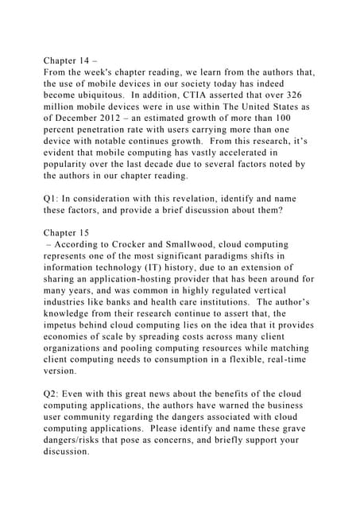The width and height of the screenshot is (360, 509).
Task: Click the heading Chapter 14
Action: (x=70, y=60)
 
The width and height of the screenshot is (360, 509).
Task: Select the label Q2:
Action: (x=52, y=394)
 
